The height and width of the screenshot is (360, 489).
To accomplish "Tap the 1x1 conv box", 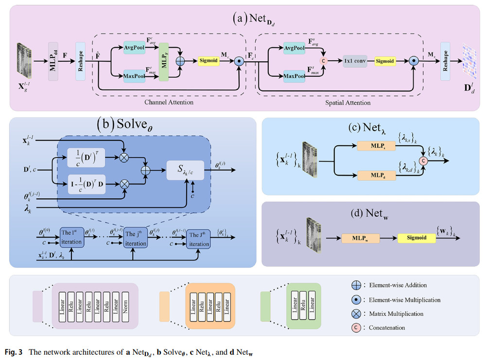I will pyautogui.click(x=355, y=62).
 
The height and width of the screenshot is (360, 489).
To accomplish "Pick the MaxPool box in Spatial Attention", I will pyautogui.click(x=294, y=76).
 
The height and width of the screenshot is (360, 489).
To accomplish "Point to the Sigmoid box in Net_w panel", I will pyautogui.click(x=417, y=238).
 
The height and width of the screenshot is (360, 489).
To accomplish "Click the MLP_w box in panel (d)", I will pyautogui.click(x=360, y=239).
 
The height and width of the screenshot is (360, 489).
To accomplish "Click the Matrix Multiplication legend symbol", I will pyautogui.click(x=355, y=314).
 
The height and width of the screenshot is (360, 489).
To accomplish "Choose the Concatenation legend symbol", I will pyautogui.click(x=355, y=328).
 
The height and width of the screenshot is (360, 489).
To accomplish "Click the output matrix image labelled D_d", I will pyautogui.click(x=470, y=60).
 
